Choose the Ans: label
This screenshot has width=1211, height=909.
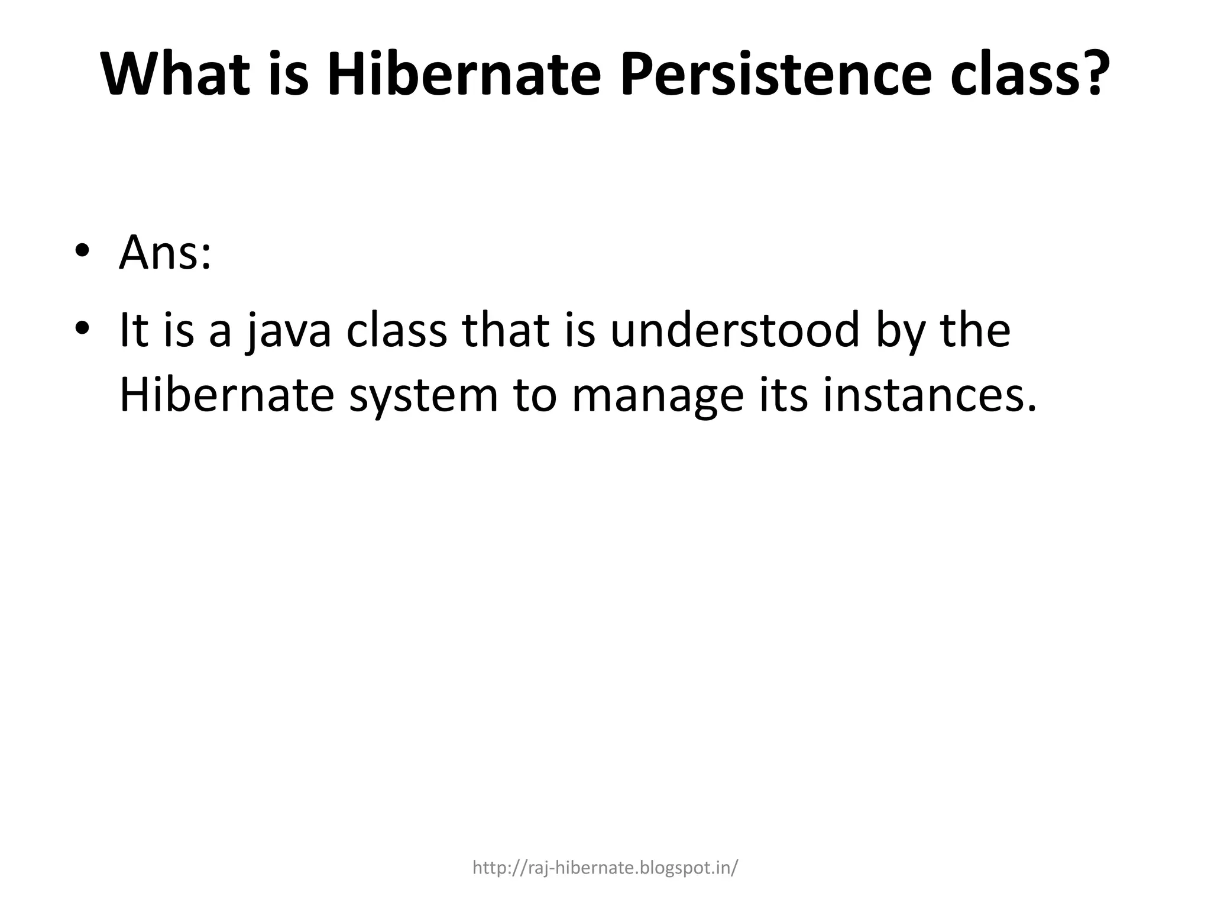pos(165,253)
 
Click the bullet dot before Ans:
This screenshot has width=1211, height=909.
pos(82,250)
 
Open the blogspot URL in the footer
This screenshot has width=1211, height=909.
pos(605,868)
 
